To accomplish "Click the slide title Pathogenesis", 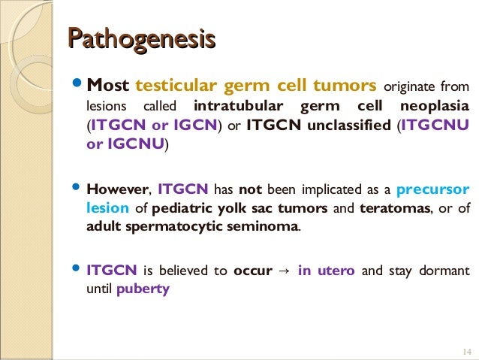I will pos(141,38).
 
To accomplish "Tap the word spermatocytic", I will pos(185,227).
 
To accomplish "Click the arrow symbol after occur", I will pos(285,271).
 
